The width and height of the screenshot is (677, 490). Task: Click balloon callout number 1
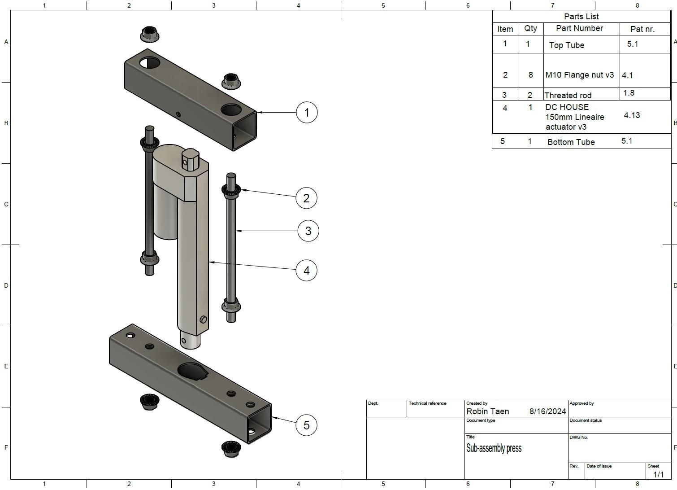pos(307,112)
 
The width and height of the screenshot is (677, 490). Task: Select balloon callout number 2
pos(306,198)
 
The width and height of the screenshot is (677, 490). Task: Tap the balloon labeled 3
pos(308,231)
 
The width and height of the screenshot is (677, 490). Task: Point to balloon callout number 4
pos(306,270)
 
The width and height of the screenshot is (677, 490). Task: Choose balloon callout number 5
pos(306,425)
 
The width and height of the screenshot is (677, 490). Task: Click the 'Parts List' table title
pos(581,17)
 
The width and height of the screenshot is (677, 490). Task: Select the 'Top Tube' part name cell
pos(566,45)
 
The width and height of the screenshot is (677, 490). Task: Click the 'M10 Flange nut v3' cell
pos(579,75)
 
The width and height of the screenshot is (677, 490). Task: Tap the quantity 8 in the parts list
pos(530,75)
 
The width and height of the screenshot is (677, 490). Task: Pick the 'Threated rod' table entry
pos(568,95)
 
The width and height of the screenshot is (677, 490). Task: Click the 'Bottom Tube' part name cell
pos(571,142)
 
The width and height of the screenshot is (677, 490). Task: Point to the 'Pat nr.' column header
pos(642,29)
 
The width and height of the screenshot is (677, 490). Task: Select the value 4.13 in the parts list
pos(631,115)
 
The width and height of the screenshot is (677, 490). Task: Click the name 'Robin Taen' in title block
pos(487,411)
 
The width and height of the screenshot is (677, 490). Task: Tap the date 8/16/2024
pos(547,411)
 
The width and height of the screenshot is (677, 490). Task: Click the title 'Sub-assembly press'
pos(494,448)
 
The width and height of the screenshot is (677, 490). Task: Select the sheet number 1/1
pos(658,474)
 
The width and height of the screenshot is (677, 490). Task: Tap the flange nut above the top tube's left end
pos(149,34)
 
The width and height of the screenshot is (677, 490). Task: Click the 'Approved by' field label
pos(581,403)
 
